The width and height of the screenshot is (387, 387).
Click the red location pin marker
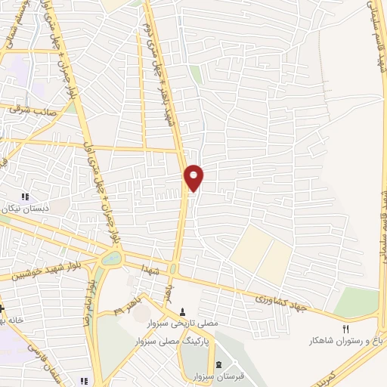[x=194, y=177]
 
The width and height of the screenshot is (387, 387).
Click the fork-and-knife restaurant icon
[x=347, y=330]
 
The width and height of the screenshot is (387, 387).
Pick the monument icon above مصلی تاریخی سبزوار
[x=182, y=311]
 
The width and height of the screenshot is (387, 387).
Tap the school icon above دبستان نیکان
[x=28, y=196]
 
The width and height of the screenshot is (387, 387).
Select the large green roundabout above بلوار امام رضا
[x=110, y=259]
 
